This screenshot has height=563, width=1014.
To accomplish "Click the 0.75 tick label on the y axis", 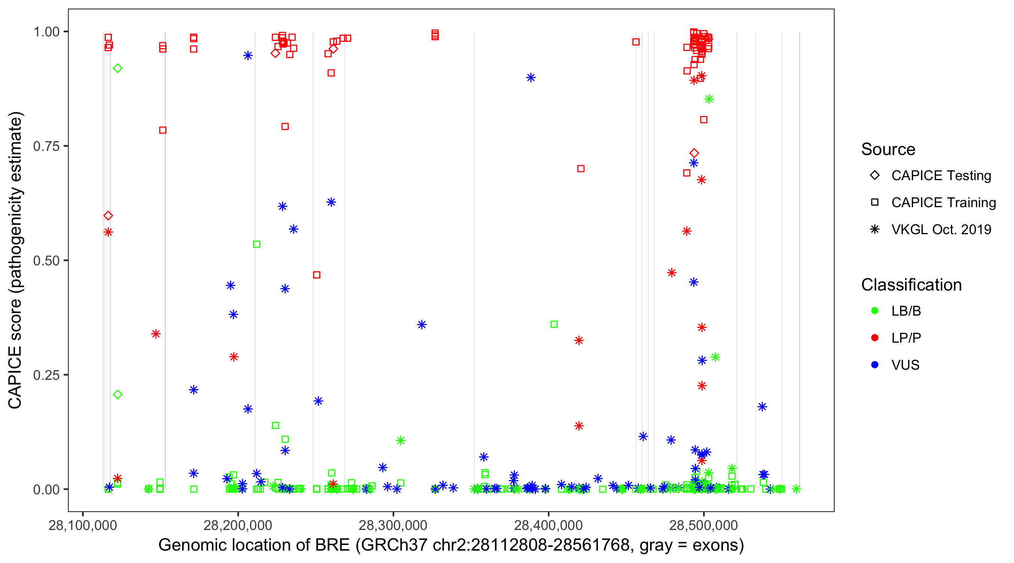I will [46, 146].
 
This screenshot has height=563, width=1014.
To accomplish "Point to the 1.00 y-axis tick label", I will [46, 32].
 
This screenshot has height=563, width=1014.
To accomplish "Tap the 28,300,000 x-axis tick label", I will [393, 525].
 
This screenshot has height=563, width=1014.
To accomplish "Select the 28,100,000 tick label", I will [83, 525].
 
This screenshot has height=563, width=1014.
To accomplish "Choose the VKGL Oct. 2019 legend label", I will [941, 229].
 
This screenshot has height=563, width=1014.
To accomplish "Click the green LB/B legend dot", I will [875, 311].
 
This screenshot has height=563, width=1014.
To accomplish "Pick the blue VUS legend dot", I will [875, 365].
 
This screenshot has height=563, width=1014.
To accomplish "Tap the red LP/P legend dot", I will [875, 338].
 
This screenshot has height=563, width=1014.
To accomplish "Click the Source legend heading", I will [888, 149].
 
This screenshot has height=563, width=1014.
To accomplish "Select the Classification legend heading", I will [911, 285].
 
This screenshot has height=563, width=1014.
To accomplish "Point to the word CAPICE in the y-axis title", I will [15, 378].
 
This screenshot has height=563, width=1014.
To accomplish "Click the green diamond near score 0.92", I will [117, 68].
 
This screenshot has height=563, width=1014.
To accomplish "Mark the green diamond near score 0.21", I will [117, 394].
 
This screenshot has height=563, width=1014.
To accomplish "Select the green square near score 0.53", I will [257, 244].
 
